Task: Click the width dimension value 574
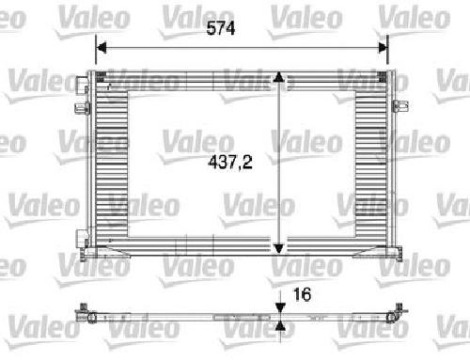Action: (x=221, y=28)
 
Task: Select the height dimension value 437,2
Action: (x=230, y=163)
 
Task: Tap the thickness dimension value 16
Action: (x=302, y=294)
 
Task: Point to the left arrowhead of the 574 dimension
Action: (x=102, y=48)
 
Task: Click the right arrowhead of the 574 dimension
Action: (x=383, y=48)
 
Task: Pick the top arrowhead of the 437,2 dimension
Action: (x=278, y=77)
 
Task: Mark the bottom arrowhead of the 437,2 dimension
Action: (x=278, y=249)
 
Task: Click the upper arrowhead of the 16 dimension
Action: (x=280, y=307)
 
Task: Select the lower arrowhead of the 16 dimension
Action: (x=280, y=326)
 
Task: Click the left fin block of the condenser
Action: (x=112, y=164)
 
